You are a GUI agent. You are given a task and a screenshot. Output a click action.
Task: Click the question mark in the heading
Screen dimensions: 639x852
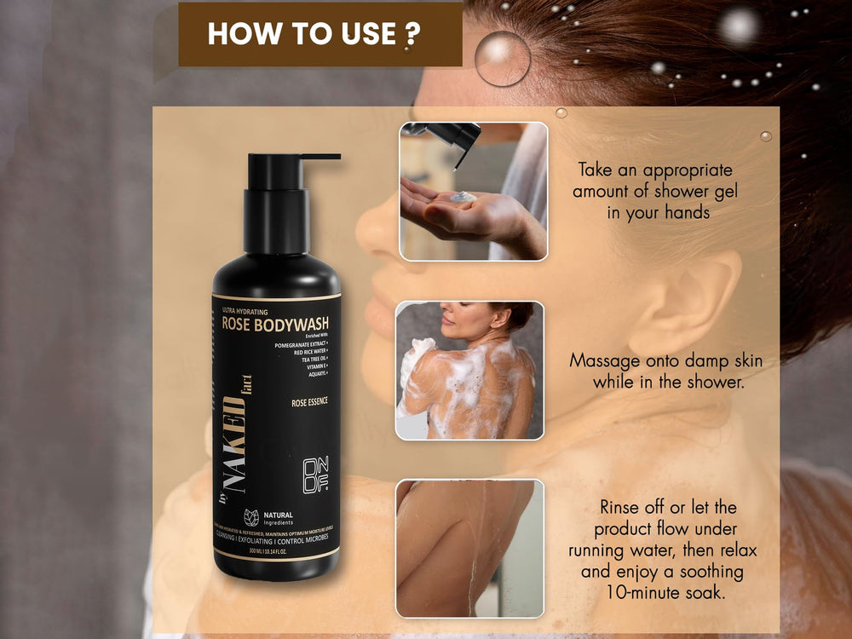pyautogui.click(x=412, y=34)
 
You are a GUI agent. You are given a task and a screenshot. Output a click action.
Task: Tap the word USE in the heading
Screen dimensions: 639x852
pyautogui.click(x=368, y=34)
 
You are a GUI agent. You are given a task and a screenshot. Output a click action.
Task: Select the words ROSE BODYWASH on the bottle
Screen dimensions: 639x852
pyautogui.click(x=275, y=324)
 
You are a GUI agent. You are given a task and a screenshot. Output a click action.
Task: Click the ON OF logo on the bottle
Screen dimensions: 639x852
pyautogui.click(x=315, y=476)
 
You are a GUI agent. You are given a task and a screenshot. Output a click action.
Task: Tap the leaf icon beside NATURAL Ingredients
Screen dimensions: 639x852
pyautogui.click(x=252, y=517)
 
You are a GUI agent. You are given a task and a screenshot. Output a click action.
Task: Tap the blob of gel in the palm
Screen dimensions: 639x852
pyautogui.click(x=463, y=197)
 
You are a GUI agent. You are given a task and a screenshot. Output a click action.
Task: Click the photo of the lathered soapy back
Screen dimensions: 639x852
pyautogui.click(x=469, y=370)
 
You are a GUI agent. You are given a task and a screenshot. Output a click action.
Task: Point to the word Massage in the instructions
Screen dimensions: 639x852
pyautogui.click(x=602, y=361)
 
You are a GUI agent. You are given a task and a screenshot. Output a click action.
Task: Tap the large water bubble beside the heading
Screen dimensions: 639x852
pyautogui.click(x=503, y=58)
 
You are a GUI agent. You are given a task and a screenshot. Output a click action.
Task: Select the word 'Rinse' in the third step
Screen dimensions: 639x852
pyautogui.click(x=622, y=508)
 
